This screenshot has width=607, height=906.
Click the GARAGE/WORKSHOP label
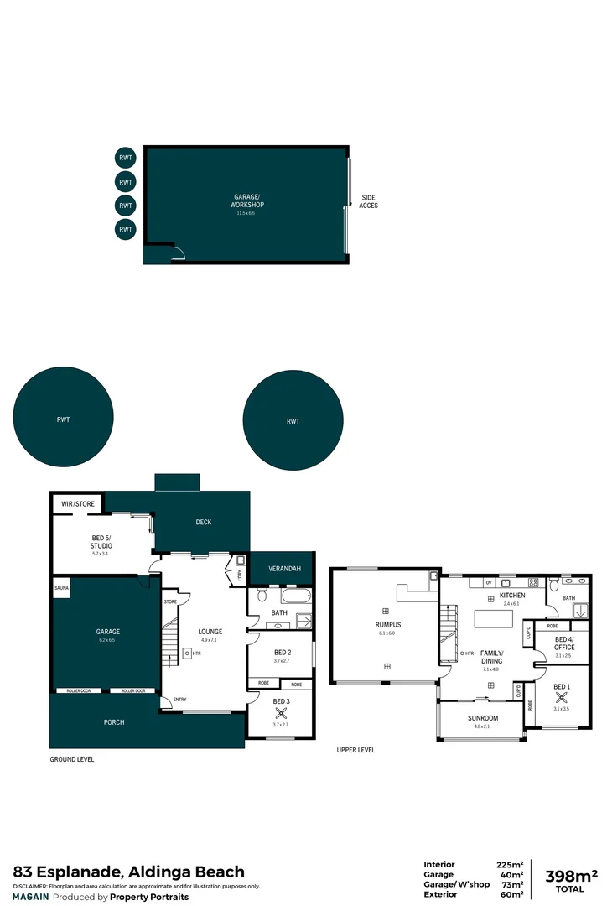[x=248, y=201]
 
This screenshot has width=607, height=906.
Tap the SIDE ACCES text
[x=369, y=201]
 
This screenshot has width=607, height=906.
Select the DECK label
[x=204, y=522]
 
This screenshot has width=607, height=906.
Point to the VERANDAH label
[x=284, y=569]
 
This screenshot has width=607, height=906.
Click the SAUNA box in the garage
[x=62, y=588]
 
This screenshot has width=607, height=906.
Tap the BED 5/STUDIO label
[x=101, y=542]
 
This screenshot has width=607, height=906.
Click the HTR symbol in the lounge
[x=188, y=653]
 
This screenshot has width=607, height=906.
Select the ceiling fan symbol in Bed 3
[x=281, y=714]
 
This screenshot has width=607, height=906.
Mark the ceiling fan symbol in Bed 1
[x=561, y=696]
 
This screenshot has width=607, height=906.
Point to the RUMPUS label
[x=387, y=625]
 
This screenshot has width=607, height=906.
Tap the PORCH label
[x=114, y=721]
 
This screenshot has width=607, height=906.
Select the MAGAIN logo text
[x=30, y=897]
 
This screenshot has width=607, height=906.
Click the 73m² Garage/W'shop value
[x=511, y=884]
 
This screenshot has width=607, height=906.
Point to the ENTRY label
[x=180, y=700]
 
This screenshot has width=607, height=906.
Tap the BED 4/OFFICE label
[x=564, y=644]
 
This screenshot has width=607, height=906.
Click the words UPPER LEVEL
[x=355, y=749]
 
